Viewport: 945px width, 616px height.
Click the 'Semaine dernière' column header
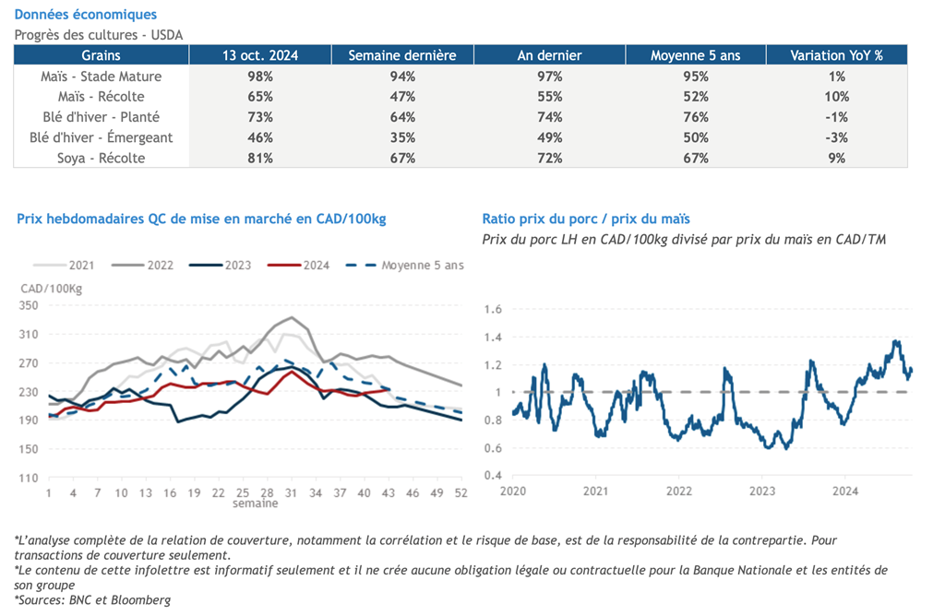(x=402, y=55)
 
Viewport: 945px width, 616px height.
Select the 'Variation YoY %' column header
(x=836, y=55)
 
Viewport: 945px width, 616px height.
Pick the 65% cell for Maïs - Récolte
(x=260, y=97)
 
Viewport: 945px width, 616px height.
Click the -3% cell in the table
(x=836, y=137)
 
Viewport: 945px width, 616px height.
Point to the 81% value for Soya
(x=260, y=158)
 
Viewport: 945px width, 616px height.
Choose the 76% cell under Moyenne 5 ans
(x=695, y=117)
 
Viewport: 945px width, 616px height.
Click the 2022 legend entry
(x=160, y=266)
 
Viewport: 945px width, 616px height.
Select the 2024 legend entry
(x=317, y=266)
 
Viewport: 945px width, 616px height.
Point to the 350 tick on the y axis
(x=29, y=306)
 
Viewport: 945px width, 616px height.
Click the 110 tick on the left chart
(x=29, y=478)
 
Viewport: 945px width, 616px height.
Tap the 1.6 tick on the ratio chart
(x=492, y=309)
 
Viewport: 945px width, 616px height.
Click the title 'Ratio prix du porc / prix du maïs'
(x=586, y=219)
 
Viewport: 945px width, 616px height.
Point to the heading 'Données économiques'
(x=86, y=15)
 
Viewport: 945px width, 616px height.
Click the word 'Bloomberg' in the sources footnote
(x=145, y=600)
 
